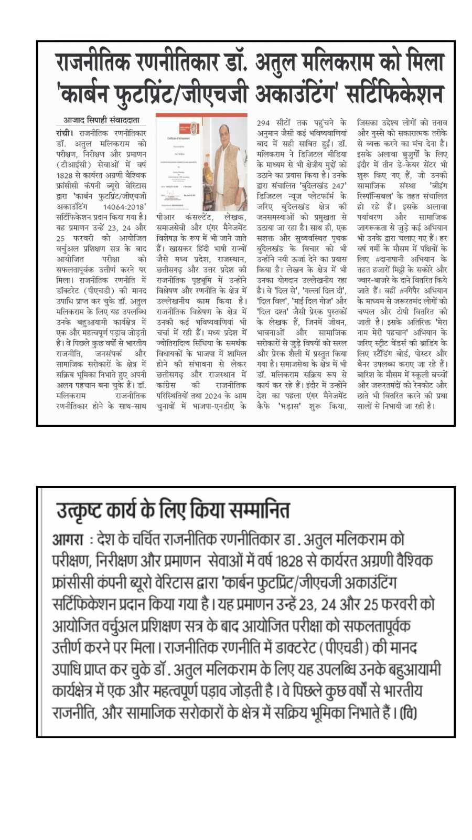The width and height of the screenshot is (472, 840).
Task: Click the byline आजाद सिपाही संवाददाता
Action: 101,120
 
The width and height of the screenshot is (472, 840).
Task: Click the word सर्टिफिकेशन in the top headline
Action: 395,94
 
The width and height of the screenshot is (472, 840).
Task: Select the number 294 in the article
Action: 264,122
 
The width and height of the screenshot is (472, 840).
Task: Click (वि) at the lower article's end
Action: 408,713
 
